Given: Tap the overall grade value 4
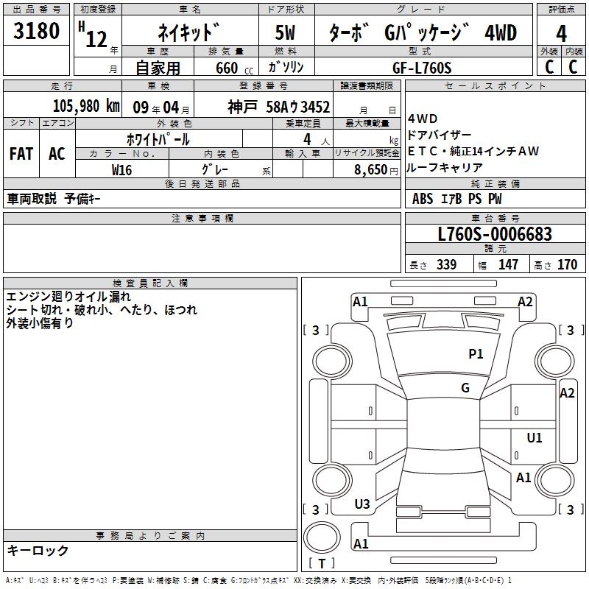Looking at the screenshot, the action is point(561,34).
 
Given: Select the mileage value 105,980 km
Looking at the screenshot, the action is point(87,107).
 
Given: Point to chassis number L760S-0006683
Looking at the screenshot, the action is point(495,235).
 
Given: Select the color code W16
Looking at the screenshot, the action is point(122,169).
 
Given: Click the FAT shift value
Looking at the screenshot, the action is point(21,154).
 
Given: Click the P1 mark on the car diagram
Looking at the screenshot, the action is point(476,354).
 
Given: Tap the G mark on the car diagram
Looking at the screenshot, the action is point(465,388).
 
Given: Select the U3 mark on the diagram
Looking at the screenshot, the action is point(362,504).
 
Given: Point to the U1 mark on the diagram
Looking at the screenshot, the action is point(535,438).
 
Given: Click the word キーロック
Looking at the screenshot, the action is point(38,551).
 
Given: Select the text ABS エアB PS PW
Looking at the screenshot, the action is point(457,199).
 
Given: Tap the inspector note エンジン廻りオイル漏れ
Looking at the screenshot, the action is point(68,297).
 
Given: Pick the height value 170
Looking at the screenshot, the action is point(567,265).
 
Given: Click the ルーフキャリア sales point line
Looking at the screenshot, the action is point(445,167).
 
